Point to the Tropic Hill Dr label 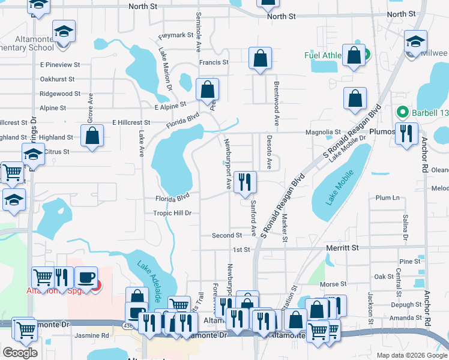point(172,213)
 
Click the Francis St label point(214,62)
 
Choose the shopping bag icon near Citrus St point(92,136)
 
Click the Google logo point(20,353)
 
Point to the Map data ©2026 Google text point(411,355)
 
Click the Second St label point(226,236)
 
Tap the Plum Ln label point(387,198)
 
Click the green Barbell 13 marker point(403,112)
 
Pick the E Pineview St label point(60,64)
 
